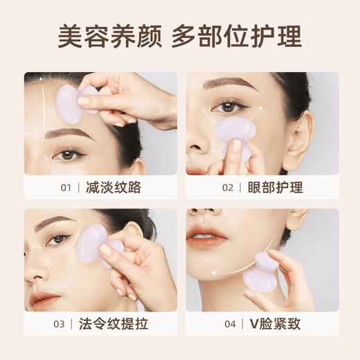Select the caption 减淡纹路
coord(114,187)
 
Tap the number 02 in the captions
coord(228,187)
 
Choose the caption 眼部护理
coord(275,187)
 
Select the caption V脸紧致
coord(275,324)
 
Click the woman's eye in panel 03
coord(59,239)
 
